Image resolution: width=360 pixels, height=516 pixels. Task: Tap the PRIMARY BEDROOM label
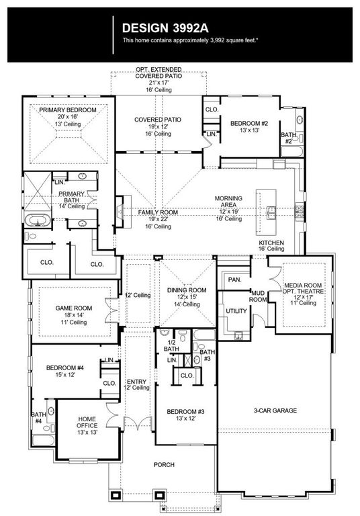pyautogui.click(x=67, y=110)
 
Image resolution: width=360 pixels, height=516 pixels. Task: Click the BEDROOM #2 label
pyautogui.click(x=249, y=124)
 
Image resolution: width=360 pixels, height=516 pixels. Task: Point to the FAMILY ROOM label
pyautogui.click(x=158, y=212)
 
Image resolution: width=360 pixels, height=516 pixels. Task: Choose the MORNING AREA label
pyautogui.click(x=228, y=199)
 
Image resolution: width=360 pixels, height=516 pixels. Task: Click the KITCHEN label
pyautogui.click(x=272, y=243)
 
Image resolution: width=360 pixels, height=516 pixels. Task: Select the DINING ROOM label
pyautogui.click(x=187, y=290)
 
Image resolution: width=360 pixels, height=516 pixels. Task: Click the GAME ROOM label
pyautogui.click(x=73, y=309)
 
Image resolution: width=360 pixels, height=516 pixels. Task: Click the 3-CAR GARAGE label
pyautogui.click(x=275, y=411)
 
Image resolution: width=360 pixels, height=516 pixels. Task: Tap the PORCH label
pyautogui.click(x=164, y=465)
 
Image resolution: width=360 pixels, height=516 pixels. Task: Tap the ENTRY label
pyautogui.click(x=136, y=382)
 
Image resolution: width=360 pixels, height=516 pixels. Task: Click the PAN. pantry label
pyautogui.click(x=234, y=279)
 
